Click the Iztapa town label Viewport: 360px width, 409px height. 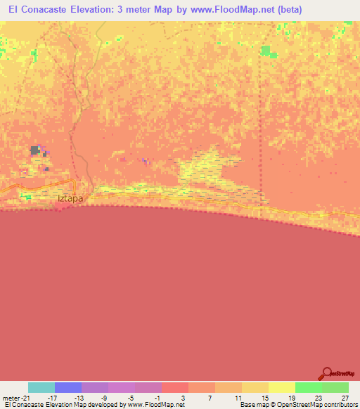point(70,199)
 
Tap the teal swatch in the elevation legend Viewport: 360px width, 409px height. point(41,387)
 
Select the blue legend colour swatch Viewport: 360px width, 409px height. point(68,387)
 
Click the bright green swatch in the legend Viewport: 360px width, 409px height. point(309,387)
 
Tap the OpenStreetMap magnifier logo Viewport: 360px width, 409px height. point(327,374)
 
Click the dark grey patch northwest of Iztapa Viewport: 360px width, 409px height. point(35,150)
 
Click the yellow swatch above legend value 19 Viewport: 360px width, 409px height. point(282,387)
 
